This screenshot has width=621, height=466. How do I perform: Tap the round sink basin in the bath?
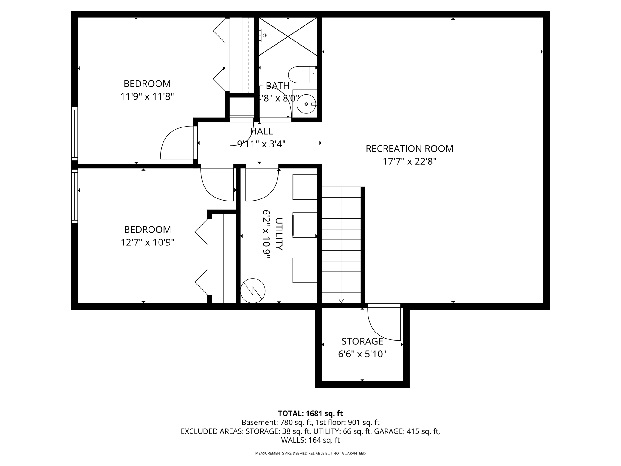point(306,104)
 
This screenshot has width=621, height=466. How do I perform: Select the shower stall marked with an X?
point(288,37)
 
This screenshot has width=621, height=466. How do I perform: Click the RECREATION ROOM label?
point(409,149)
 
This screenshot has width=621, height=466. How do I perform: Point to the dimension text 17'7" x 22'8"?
point(409,162)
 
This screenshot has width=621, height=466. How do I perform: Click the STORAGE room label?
point(362,341)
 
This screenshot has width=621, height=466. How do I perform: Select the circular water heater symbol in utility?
point(253,291)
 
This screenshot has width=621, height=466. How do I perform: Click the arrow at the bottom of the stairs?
point(341,301)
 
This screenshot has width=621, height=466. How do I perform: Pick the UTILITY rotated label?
point(279,234)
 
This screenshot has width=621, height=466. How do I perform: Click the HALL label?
point(261,131)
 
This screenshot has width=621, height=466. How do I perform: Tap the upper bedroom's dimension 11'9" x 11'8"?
point(147,97)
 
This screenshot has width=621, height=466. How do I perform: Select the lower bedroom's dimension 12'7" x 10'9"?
point(147,243)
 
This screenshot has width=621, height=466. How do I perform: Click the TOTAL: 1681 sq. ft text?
point(310,414)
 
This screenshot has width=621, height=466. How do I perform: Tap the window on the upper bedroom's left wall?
point(74,133)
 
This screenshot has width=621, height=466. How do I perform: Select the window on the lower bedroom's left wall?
point(74,196)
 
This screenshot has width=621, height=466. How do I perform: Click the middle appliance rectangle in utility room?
point(305,225)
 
